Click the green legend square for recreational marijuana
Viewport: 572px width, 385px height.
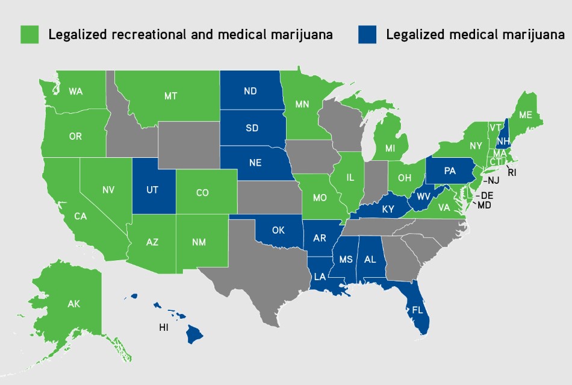coord(30,34)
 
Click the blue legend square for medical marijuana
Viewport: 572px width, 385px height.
coord(367,34)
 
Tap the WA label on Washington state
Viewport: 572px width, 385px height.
coord(76,92)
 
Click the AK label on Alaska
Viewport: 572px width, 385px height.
coord(73,304)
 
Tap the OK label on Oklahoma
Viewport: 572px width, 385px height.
coord(278,230)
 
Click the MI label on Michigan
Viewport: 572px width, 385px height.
coord(390,147)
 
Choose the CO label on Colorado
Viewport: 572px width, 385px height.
coord(202,193)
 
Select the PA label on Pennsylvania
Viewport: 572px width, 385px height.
coord(450,171)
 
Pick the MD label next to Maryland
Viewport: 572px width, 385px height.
coord(483,205)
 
